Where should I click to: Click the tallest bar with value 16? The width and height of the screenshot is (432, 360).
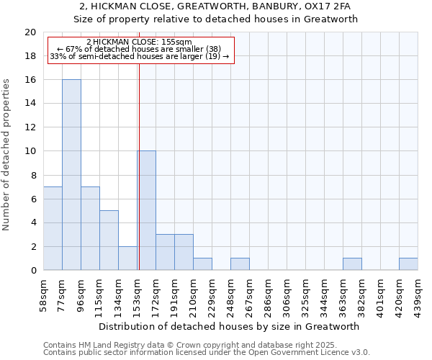pos(71,175)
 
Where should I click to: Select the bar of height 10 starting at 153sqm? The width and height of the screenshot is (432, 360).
pos(147,211)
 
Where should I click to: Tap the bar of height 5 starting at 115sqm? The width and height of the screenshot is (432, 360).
pos(109,240)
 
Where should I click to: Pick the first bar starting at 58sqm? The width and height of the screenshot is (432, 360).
pos(53,228)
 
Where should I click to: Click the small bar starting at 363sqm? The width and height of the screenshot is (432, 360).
pos(352,264)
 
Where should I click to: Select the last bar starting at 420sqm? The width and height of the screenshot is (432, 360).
pos(408,264)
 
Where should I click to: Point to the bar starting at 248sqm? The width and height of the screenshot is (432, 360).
pos(240,264)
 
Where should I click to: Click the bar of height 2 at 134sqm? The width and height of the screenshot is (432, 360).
pos(127,258)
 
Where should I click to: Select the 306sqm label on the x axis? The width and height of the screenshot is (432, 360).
pos(287,295)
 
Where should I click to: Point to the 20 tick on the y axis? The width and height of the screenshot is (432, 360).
pos(30,32)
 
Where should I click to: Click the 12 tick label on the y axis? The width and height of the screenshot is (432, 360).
pos(30,127)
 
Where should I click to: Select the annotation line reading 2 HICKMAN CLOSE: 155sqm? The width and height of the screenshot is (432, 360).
pos(139,42)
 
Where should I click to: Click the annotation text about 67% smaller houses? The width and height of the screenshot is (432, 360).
pos(139,49)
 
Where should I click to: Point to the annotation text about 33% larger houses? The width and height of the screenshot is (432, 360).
pos(139,56)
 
